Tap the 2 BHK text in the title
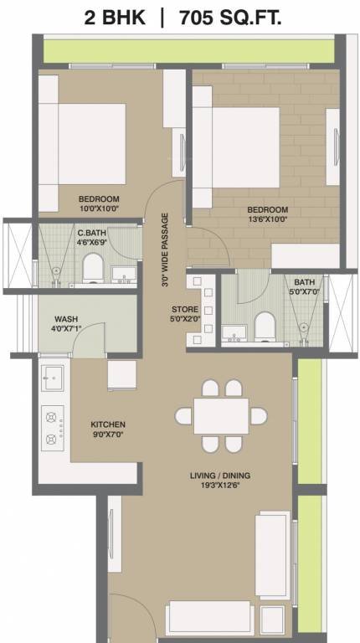[118, 16]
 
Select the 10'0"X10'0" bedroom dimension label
[100, 209]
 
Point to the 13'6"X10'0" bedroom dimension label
[267, 219]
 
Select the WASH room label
[66, 319]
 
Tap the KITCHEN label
[108, 424]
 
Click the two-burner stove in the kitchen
[52, 425]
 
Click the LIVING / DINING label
[219, 476]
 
